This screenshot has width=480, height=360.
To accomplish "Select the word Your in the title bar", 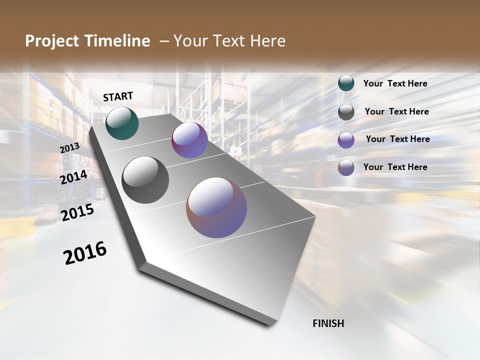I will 190,41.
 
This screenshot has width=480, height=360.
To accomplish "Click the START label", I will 118,96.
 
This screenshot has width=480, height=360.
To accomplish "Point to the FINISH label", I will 328,323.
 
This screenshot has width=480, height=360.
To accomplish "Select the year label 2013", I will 70,148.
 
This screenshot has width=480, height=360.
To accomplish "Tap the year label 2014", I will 74,177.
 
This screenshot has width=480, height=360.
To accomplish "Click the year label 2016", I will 85,252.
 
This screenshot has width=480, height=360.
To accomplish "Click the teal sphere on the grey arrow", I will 122,123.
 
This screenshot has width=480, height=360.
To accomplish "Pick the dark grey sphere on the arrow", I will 145,180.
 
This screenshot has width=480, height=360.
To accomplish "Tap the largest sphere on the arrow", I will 216,207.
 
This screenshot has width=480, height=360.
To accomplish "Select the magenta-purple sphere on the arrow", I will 189,140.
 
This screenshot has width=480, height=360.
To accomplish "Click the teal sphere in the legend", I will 346,83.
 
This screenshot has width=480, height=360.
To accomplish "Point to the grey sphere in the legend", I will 346,112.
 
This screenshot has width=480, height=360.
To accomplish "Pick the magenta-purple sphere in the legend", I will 346,140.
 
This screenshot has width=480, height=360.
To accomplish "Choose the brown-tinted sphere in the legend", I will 346,167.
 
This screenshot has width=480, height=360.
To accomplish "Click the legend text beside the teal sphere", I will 395,83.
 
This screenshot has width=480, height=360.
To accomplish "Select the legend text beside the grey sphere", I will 396,111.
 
